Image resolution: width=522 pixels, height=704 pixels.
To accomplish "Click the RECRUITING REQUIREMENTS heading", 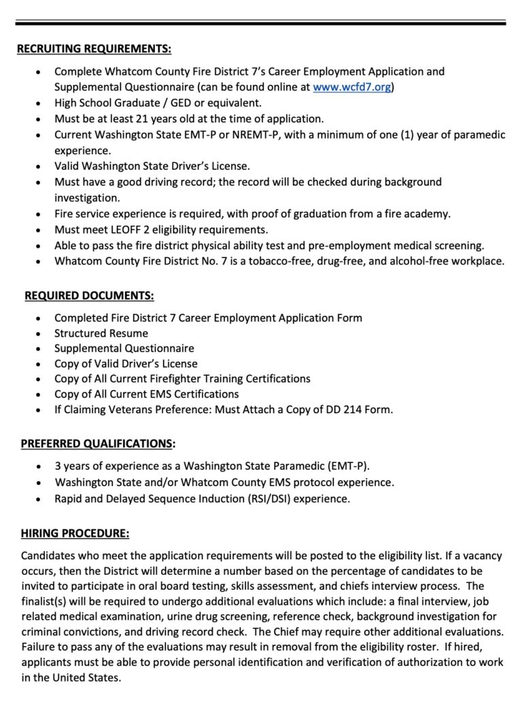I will point(94,49).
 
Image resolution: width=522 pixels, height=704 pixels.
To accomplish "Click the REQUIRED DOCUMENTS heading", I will point(89,296).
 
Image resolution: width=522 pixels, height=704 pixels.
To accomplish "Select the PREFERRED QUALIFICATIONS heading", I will point(96,444).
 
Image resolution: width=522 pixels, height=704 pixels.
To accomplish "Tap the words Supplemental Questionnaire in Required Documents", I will point(124,349).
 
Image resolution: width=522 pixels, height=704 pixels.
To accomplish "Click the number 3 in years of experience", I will point(58,466).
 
